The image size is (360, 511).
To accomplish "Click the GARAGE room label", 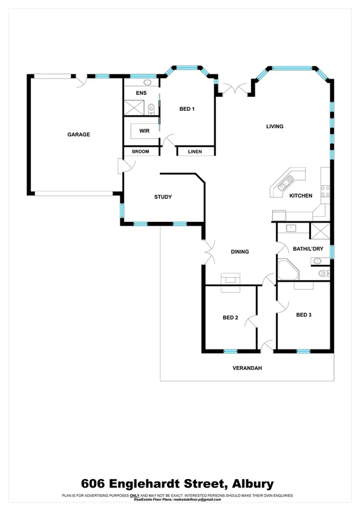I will pyautogui.click(x=79, y=134).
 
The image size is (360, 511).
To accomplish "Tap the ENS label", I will pyautogui.click(x=141, y=93).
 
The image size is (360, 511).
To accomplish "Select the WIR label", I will pyautogui.click(x=144, y=131).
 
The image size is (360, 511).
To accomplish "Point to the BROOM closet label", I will pyautogui.click(x=140, y=151).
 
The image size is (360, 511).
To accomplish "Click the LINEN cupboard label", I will pyautogui.click(x=194, y=151).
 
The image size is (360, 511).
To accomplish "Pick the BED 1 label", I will pyautogui.click(x=188, y=109).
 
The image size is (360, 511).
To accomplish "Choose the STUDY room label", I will pyautogui.click(x=163, y=197).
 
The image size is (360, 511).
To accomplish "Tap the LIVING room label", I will pyautogui.click(x=275, y=126).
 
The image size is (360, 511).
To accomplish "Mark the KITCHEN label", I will pyautogui.click(x=301, y=196).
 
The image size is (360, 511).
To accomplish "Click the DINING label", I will pyautogui.click(x=240, y=252).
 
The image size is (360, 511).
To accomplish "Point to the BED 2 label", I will pyautogui.click(x=231, y=317).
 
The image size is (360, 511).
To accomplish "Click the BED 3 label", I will pyautogui.click(x=304, y=314).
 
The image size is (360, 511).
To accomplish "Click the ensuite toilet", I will pyautogui.click(x=151, y=109).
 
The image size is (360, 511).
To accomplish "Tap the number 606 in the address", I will pyautogui.click(x=94, y=484).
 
